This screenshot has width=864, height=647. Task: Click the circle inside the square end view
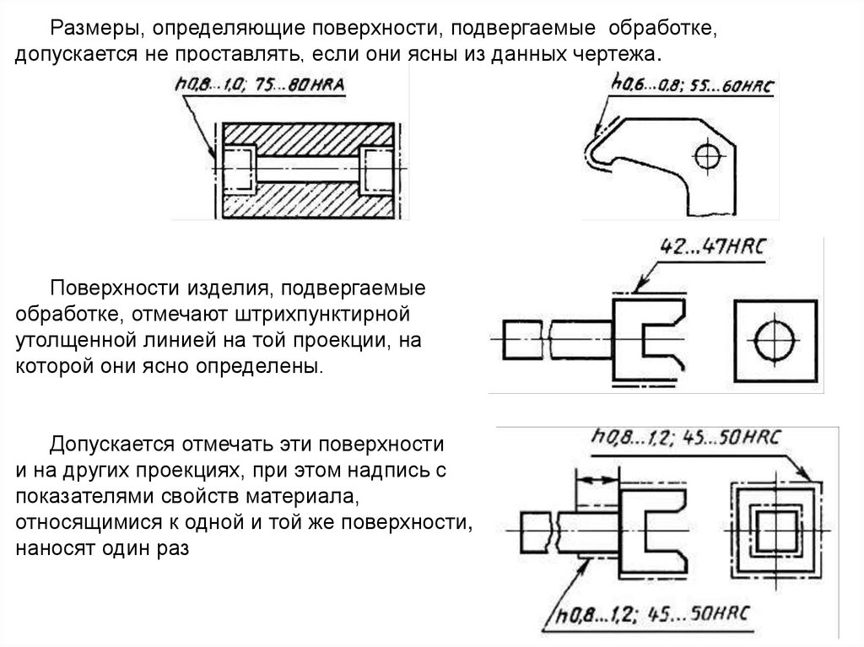[774, 342]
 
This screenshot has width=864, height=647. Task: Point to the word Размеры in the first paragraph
[93, 30]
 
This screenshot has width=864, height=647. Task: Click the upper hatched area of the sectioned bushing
[307, 135]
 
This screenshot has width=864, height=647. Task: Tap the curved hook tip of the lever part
[591, 154]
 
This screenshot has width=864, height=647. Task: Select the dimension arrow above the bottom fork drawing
[596, 479]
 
